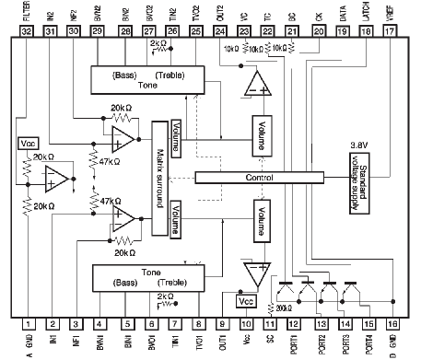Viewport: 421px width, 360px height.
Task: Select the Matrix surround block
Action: pyautogui.click(x=159, y=176)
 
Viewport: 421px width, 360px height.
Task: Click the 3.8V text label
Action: pyautogui.click(x=358, y=145)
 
